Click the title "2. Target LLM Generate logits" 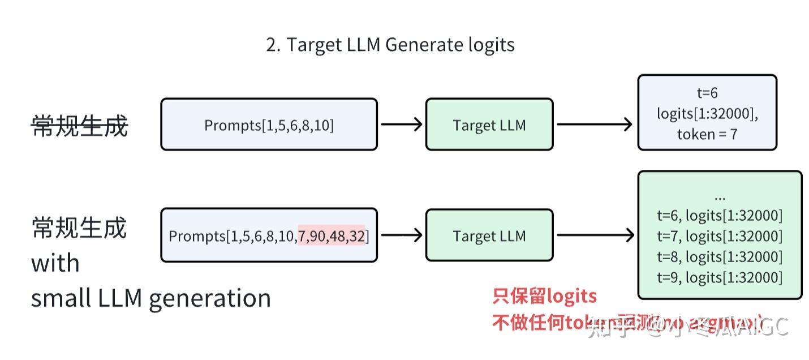(x=390, y=45)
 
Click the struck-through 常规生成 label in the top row (x=79, y=126)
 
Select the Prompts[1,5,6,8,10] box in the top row (x=269, y=125)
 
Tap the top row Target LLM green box (x=489, y=125)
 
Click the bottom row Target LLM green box (x=489, y=235)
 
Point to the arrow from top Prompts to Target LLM (x=401, y=125)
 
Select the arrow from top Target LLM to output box (x=594, y=125)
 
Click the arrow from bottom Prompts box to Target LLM (x=401, y=235)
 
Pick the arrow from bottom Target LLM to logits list (x=594, y=235)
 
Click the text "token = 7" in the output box (x=707, y=134)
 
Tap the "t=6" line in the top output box (x=707, y=93)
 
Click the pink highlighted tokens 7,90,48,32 (x=332, y=235)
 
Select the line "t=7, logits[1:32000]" (x=720, y=236)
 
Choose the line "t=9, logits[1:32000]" (x=720, y=277)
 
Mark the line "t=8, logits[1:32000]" (x=720, y=257)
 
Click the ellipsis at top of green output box (x=720, y=198)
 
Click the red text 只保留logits (x=544, y=296)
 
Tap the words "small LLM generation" (x=150, y=298)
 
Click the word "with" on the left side (x=55, y=263)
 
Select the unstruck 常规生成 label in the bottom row (x=79, y=228)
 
